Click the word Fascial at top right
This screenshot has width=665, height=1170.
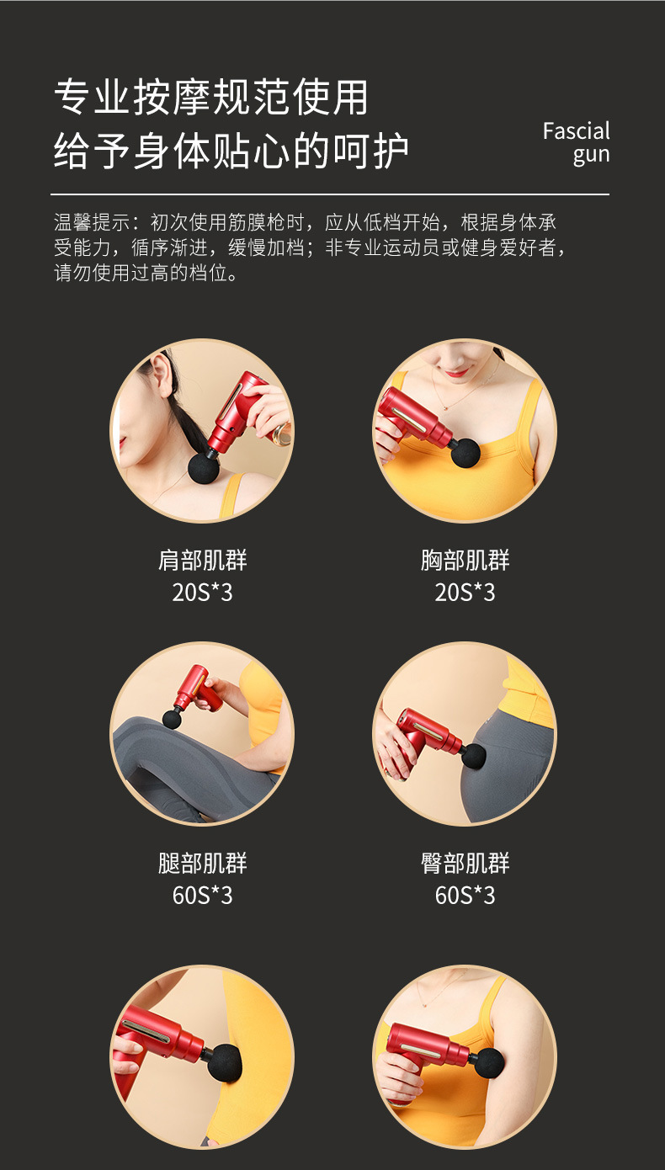pos(576,131)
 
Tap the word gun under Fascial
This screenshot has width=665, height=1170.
pos(591,156)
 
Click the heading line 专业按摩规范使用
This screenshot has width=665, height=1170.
pos(211,98)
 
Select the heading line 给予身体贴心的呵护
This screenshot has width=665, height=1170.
pos(231,152)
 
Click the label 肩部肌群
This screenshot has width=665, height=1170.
pos(202,561)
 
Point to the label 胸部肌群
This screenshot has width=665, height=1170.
pos(465,561)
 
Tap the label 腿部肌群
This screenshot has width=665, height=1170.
pos(202,864)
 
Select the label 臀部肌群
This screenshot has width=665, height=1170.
pos(465,864)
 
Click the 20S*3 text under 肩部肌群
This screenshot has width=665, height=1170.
pos(202,593)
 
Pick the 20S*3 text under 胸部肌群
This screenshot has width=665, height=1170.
pos(465,593)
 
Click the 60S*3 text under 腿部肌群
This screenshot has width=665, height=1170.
pos(202,896)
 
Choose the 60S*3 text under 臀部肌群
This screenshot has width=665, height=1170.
pos(465,896)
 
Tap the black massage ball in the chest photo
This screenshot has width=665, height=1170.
pos(465,452)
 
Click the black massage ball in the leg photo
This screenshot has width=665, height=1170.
pos(173,719)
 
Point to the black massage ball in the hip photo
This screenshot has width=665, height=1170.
pos(473,756)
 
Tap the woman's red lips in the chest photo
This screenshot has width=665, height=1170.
pos(457,370)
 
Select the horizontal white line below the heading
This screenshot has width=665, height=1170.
pos(330,194)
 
